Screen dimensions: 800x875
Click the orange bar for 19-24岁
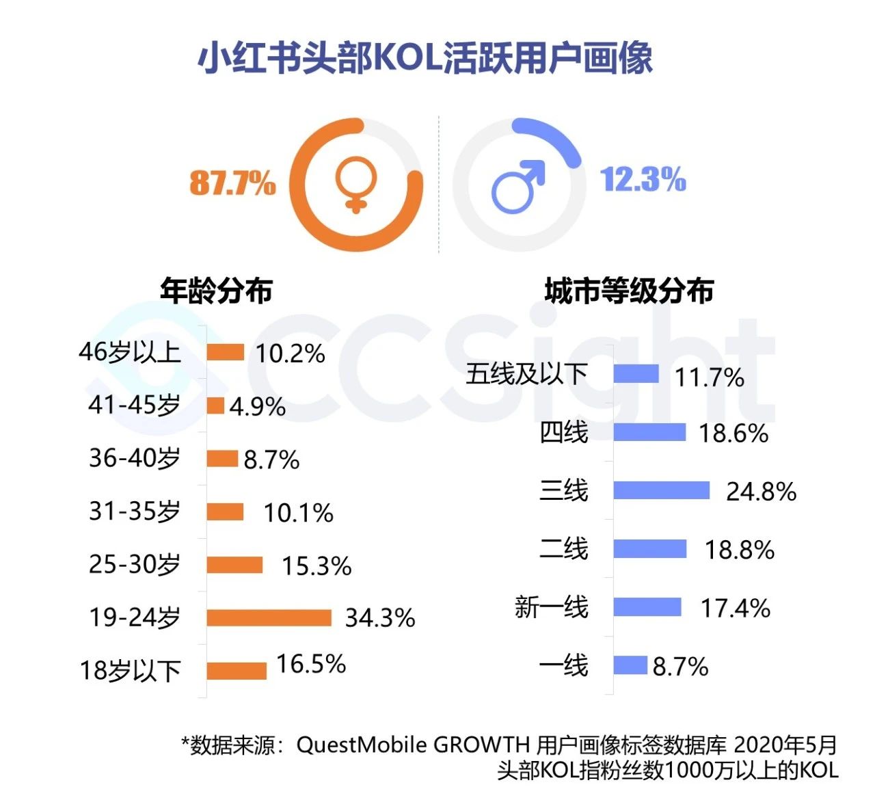(269, 617)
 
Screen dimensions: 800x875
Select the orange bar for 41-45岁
(215, 405)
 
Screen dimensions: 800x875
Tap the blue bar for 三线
(661, 490)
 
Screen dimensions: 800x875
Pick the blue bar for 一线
(630, 665)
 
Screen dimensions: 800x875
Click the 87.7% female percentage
(232, 183)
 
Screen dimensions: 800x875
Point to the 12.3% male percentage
(643, 180)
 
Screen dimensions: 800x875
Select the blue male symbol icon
(518, 186)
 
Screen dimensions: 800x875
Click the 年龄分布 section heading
(216, 291)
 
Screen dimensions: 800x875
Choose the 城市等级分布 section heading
(629, 291)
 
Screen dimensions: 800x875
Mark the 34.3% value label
(380, 618)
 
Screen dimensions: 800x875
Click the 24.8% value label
(761, 492)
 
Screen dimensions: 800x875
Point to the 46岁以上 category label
(130, 352)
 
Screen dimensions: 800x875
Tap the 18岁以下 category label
(131, 671)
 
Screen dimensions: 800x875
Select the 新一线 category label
(551, 607)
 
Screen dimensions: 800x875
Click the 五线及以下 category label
(526, 374)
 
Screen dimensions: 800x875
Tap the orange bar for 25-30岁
(234, 565)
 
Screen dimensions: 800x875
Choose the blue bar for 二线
(649, 549)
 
